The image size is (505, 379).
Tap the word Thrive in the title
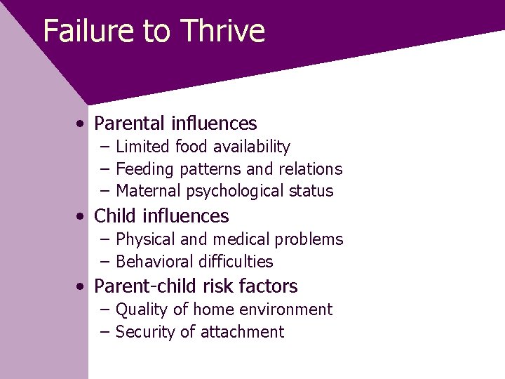[222, 31]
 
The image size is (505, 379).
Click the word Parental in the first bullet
[130, 124]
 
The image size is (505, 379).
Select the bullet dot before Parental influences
[83, 124]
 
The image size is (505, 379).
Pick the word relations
[311, 169]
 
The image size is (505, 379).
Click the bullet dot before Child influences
[83, 217]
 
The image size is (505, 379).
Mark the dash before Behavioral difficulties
[105, 262]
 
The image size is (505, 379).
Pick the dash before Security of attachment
[105, 332]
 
